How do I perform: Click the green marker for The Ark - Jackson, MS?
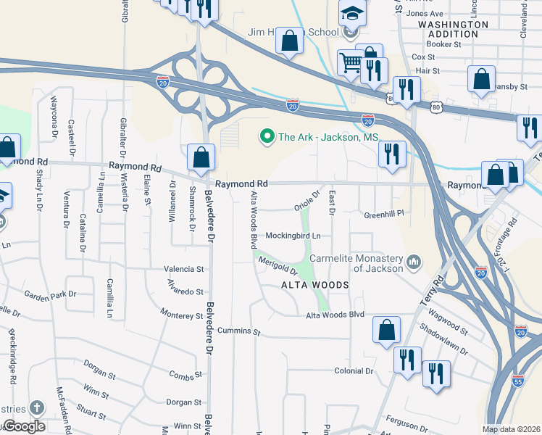tap(267, 136)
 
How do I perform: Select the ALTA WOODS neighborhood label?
tap(314, 286)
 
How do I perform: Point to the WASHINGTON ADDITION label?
tap(454, 29)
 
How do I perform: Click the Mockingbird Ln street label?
tap(293, 236)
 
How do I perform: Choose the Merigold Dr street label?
tap(278, 266)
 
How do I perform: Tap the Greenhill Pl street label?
tap(383, 215)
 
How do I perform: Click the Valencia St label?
tap(183, 269)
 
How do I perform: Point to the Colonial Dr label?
tap(353, 371)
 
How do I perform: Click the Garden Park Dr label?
tap(50, 295)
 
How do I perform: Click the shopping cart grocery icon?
tap(351, 63)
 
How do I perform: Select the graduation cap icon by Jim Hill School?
tap(352, 14)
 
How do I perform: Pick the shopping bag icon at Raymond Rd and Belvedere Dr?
tap(201, 156)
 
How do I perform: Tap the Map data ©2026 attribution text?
tap(511, 429)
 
